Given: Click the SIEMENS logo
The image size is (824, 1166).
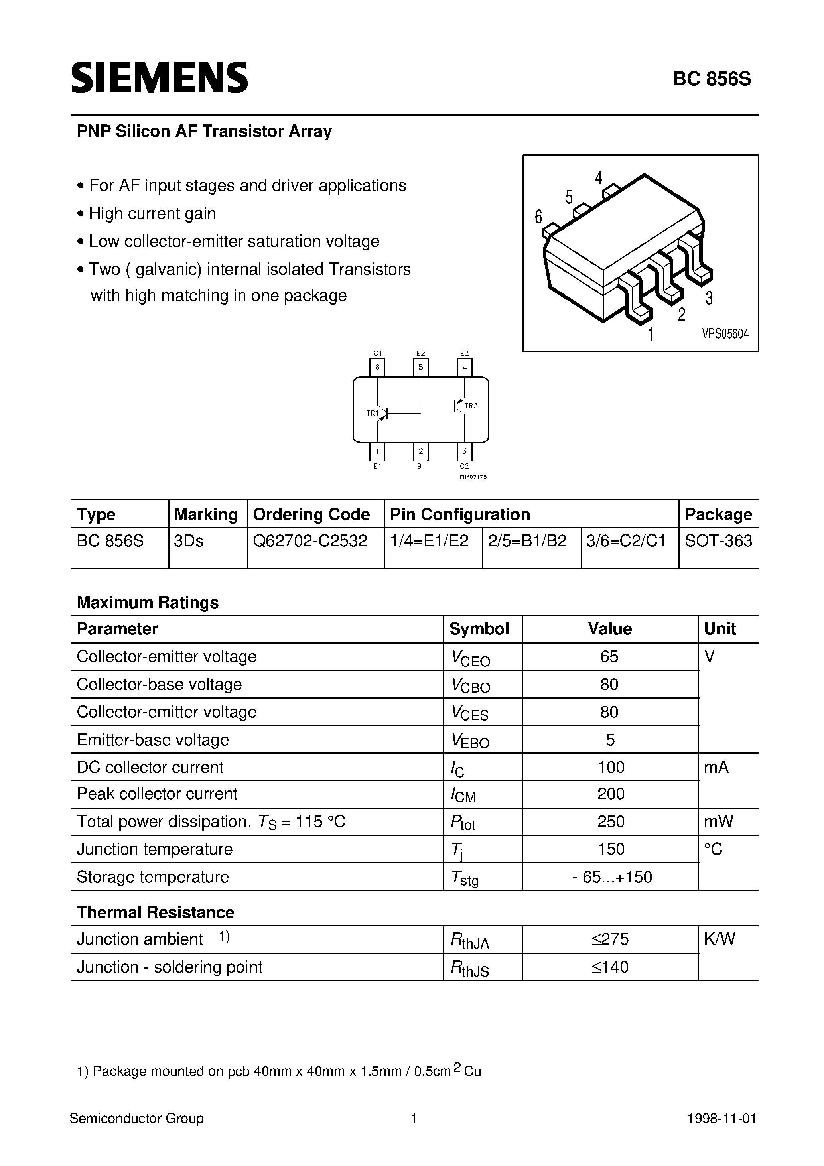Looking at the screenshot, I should [159, 78].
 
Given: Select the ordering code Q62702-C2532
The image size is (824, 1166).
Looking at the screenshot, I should [310, 541].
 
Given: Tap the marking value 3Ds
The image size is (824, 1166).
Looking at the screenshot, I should [189, 541].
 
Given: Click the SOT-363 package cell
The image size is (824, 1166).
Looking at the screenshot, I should [718, 541].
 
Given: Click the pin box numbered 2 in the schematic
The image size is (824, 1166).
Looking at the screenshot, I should [421, 451].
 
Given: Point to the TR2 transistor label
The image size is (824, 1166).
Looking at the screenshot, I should [471, 405].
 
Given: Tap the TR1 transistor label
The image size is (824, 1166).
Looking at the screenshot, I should [373, 413].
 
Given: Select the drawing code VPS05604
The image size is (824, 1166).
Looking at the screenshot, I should [725, 334].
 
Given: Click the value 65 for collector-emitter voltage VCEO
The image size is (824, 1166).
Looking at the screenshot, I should [609, 657].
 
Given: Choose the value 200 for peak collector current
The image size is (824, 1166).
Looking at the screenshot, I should [611, 794].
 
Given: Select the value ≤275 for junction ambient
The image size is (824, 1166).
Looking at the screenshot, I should [610, 939].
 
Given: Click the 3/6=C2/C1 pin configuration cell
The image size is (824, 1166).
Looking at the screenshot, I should [626, 541].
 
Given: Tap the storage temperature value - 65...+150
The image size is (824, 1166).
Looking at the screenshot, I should [612, 877].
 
